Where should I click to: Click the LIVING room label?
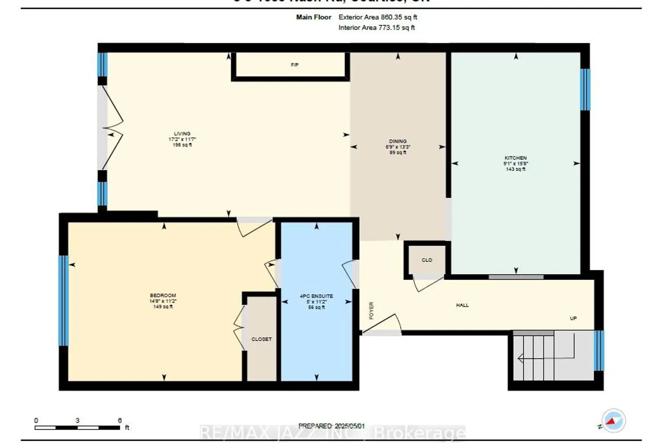point(182,133)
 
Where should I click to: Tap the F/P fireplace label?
point(294,65)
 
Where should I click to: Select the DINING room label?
point(398,141)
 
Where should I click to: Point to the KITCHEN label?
point(516,158)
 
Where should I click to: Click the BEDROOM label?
point(163,295)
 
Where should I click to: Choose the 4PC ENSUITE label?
point(317,296)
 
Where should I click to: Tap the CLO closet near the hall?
point(427,260)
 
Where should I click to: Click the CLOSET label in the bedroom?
point(262,339)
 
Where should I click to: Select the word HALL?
point(462,305)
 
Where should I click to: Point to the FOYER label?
point(371,310)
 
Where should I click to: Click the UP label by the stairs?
point(573,319)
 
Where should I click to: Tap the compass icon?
point(614,420)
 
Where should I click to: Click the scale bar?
point(77,427)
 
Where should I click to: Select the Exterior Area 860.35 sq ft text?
point(378,17)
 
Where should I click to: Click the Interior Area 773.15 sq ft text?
point(377,27)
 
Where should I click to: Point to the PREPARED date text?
point(332,426)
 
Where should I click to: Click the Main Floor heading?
point(313,17)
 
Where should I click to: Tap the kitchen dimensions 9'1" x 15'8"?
point(516,163)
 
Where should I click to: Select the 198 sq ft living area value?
point(182,145)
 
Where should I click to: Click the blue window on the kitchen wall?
point(585,89)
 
